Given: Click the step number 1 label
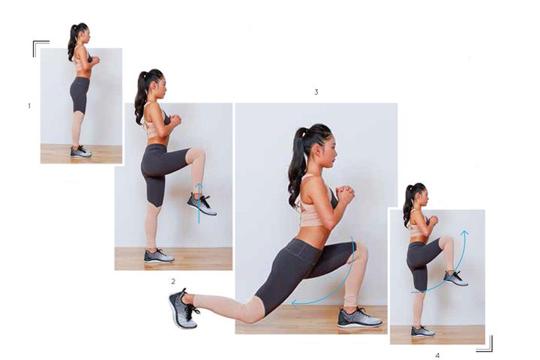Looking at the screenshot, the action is [29, 106].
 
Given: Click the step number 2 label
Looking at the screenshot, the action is [173, 281].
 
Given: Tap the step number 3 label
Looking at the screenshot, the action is [316, 92].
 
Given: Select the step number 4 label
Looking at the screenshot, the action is [437, 355].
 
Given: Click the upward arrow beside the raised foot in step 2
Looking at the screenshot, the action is [199, 203].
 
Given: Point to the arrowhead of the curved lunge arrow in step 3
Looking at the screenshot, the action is [295, 303].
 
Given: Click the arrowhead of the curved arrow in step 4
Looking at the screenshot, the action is [465, 232].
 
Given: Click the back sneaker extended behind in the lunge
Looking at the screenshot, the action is [182, 307].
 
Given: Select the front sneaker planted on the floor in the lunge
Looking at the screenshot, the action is [359, 318].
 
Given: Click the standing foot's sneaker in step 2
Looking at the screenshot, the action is [159, 256].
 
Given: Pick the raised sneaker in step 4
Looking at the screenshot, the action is [456, 278].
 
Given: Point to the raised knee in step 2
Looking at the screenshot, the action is [198, 154].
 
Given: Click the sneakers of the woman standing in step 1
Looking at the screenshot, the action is [81, 151].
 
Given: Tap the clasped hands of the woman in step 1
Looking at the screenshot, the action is [95, 60].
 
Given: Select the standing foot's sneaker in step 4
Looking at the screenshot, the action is [422, 331].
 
